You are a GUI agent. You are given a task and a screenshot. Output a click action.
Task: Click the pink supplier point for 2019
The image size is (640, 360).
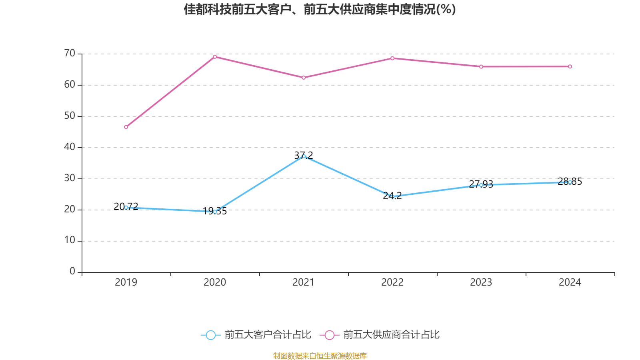(126, 127)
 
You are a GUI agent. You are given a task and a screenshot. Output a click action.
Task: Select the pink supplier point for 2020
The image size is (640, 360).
(215, 57)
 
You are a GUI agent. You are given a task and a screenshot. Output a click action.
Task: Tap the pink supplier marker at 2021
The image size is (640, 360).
(304, 78)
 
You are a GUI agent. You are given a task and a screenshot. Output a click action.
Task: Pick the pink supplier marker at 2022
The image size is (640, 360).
(392, 58)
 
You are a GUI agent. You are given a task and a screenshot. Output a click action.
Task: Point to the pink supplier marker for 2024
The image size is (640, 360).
(570, 67)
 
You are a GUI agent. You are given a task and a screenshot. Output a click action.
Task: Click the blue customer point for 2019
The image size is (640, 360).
(126, 208)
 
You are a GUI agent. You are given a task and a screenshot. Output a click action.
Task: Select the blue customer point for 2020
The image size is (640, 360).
(215, 212)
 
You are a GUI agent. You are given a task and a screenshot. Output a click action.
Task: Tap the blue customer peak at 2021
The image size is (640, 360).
(304, 156)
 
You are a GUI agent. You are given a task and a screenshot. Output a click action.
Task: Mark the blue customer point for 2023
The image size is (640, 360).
(481, 185)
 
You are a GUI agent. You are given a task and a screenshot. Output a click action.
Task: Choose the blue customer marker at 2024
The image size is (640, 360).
(570, 182)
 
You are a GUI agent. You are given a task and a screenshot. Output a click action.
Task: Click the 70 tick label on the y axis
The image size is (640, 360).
(70, 53)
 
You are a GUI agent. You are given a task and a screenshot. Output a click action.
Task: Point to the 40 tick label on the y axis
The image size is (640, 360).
(70, 147)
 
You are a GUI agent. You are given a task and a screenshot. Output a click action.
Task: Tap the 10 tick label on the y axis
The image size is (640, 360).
(70, 240)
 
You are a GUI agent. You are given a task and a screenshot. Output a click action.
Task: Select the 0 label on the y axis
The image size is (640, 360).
(72, 272)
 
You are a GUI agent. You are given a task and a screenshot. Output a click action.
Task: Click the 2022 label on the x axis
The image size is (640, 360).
(392, 282)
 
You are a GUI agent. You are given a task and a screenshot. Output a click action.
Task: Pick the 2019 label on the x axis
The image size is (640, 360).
(126, 282)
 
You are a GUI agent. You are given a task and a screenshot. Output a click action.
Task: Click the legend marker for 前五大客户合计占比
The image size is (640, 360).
(211, 335)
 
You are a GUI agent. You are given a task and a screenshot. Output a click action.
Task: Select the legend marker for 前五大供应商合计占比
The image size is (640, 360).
(330, 335)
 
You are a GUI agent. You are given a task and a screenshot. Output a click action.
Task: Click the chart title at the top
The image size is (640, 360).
(320, 9)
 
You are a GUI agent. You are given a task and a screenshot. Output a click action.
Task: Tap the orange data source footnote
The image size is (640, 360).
(320, 356)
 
